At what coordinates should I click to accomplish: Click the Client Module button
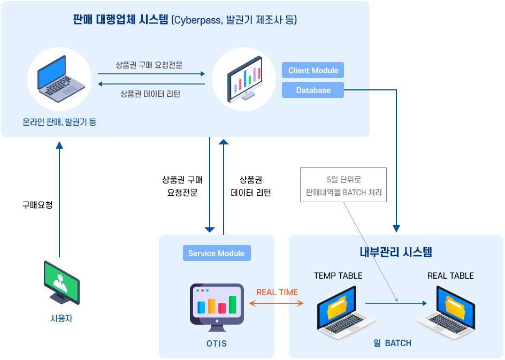313,71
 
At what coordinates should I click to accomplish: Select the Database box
313,90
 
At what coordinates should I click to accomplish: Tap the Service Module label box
216,254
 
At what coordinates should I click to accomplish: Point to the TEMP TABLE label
338,276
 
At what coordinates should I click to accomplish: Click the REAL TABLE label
450,276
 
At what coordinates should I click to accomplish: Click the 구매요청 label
37,205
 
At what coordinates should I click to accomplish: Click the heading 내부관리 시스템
396,252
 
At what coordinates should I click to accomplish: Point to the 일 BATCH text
393,343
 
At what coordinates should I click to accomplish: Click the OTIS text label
217,343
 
